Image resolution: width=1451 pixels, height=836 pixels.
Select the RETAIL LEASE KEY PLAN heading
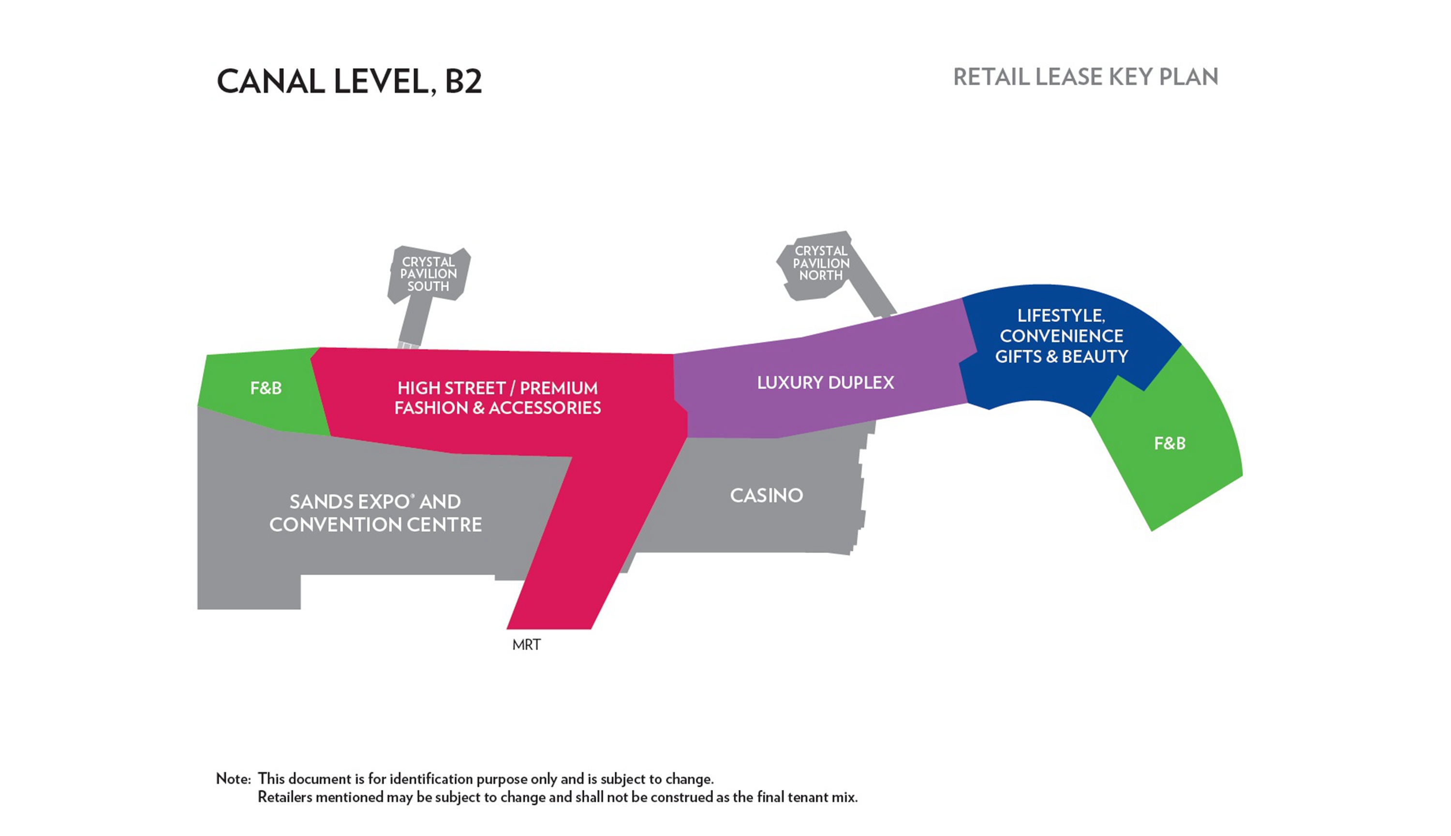[1085, 77]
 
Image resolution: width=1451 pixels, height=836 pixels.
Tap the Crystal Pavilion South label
[428, 274]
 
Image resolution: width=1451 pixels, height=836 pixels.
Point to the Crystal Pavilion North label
[821, 263]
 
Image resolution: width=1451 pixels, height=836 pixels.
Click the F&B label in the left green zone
[266, 388]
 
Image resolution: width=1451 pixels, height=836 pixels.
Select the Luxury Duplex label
[825, 382]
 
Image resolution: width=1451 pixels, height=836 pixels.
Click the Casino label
[766, 495]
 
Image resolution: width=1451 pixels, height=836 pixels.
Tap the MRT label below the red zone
[526, 645]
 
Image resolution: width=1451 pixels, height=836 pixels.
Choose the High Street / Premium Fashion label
[498, 398]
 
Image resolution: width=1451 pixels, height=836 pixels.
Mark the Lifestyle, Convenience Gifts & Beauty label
[1061, 336]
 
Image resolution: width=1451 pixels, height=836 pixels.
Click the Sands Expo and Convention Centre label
[375, 513]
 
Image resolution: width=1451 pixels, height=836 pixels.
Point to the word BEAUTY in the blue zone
[1095, 357]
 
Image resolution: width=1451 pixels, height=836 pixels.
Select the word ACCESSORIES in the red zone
[545, 408]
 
